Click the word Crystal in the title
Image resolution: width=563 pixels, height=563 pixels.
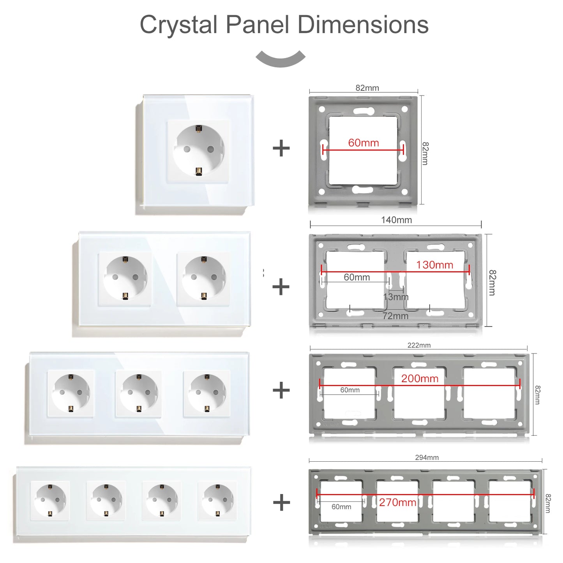click(178, 25)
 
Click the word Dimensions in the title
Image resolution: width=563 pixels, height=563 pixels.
click(363, 25)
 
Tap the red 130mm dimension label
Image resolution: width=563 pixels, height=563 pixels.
click(434, 265)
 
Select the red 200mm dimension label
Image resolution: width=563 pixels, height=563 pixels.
click(420, 378)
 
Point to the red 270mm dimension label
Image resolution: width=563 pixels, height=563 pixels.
click(397, 502)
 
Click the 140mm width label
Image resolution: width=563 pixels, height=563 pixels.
click(396, 220)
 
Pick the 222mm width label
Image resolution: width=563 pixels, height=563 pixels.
click(419, 345)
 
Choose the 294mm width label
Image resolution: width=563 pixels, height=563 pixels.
click(427, 457)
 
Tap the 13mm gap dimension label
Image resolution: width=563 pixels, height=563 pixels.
click(396, 297)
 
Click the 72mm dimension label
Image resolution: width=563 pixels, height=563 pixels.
click(395, 316)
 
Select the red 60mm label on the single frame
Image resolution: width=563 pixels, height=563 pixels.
click(363, 143)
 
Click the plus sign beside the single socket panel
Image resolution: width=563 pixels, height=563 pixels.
click(281, 148)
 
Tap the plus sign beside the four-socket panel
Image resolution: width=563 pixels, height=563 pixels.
click(281, 502)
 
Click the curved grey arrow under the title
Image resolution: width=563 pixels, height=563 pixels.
click(281, 59)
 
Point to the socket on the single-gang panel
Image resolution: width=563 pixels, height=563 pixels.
click(199, 150)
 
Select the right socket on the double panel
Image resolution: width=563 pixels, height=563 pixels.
click(203, 278)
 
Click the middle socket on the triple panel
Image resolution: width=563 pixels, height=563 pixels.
click(139, 393)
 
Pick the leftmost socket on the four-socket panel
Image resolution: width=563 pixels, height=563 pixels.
click(51, 500)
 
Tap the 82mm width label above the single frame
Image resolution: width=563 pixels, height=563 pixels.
click(367, 88)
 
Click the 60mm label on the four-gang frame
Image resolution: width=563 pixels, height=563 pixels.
click(341, 507)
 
